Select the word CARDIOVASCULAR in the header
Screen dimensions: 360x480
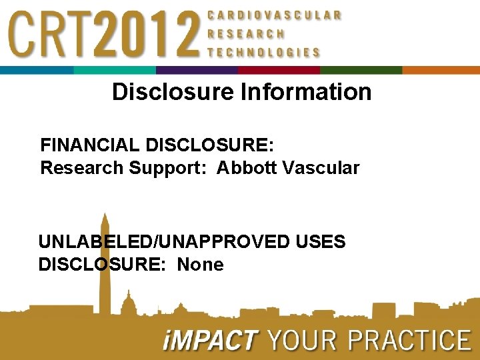[275, 15]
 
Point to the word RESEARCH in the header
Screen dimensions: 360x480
[246, 33]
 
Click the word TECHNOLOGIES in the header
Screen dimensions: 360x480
[264, 52]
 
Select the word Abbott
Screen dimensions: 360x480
[247, 168]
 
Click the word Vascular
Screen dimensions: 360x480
[321, 168]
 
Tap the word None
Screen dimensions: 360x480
[201, 265]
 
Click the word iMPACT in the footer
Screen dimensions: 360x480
[209, 341]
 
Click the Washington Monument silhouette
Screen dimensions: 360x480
[104, 267]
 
